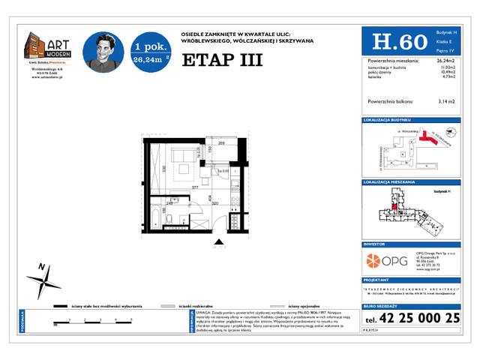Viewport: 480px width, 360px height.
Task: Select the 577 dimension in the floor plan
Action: (195, 187)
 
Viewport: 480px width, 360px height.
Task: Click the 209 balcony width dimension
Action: (222, 143)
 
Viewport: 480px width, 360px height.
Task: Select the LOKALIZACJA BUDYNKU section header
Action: (387, 120)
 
